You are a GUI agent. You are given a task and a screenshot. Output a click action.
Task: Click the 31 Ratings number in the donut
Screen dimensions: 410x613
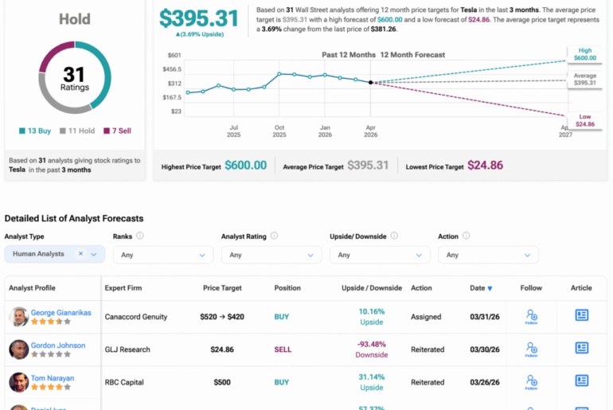coord(73,75)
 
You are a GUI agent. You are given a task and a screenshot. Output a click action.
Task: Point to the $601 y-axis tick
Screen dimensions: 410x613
coord(174,55)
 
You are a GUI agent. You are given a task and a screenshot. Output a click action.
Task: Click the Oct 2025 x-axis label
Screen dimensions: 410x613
coord(279,131)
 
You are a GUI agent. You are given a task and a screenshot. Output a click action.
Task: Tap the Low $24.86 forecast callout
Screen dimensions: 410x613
coord(585,120)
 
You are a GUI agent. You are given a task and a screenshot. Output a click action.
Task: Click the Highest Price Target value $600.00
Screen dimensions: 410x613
coord(245,165)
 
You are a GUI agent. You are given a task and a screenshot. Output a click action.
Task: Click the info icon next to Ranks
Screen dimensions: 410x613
coord(140,236)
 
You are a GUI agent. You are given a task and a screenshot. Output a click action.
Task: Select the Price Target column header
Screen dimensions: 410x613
coord(221,287)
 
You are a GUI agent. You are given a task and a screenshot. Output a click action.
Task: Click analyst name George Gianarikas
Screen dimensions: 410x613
coord(61,313)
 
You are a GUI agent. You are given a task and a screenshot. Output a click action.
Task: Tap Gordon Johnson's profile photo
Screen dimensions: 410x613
coord(19,349)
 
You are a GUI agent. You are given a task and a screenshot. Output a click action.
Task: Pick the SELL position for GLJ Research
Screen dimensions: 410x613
coord(283,349)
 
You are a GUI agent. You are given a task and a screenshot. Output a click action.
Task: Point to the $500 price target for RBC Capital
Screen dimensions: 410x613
coord(221,382)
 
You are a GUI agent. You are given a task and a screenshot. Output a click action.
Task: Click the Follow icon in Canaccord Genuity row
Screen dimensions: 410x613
coord(531,316)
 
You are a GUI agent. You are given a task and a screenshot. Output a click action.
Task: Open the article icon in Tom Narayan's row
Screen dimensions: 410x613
coord(582,381)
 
